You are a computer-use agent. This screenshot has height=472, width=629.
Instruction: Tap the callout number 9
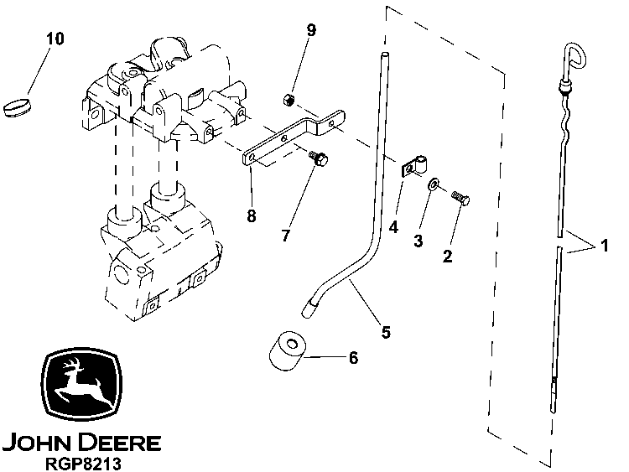click(x=311, y=30)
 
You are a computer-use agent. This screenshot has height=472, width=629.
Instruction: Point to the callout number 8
click(x=252, y=216)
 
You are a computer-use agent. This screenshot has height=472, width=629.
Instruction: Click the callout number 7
click(x=286, y=236)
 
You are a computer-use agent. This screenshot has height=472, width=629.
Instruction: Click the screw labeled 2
click(x=459, y=198)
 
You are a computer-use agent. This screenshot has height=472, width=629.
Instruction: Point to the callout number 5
click(x=386, y=332)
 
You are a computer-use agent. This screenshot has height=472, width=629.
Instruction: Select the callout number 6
click(x=353, y=358)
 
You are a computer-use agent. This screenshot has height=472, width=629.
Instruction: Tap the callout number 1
click(x=601, y=246)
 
